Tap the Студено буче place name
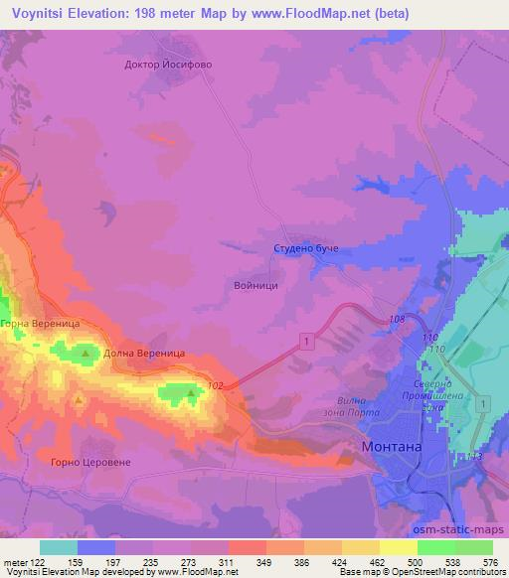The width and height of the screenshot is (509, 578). (307, 248)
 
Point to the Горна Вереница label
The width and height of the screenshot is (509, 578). (39, 324)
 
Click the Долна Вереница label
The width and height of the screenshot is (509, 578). (144, 354)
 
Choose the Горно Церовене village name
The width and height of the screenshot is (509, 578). (90, 462)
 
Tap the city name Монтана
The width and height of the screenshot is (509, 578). (395, 447)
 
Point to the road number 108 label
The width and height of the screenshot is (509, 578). (398, 319)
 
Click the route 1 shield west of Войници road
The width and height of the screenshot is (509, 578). (304, 342)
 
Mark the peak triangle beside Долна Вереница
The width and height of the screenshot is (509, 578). (85, 353)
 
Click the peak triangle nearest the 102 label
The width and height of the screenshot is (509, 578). (191, 393)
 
